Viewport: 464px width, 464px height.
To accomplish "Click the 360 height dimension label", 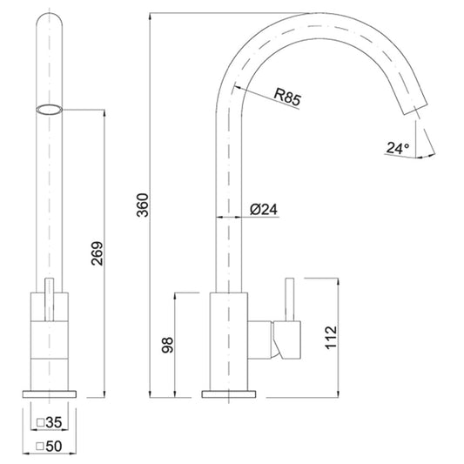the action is [143, 205].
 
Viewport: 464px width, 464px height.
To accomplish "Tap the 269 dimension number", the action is [98, 253].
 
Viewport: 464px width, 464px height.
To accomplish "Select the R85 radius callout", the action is [287, 96].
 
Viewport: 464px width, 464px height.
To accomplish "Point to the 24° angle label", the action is [398, 148].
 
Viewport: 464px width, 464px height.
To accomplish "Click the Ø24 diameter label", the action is [264, 209].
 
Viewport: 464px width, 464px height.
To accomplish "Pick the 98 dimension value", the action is [167, 345].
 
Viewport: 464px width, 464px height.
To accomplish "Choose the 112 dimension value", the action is [331, 338].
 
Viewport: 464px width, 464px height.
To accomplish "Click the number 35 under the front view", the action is [54, 422].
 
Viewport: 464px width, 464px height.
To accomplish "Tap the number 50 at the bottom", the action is [54, 447].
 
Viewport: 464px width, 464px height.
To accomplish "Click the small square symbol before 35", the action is [40, 422].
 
